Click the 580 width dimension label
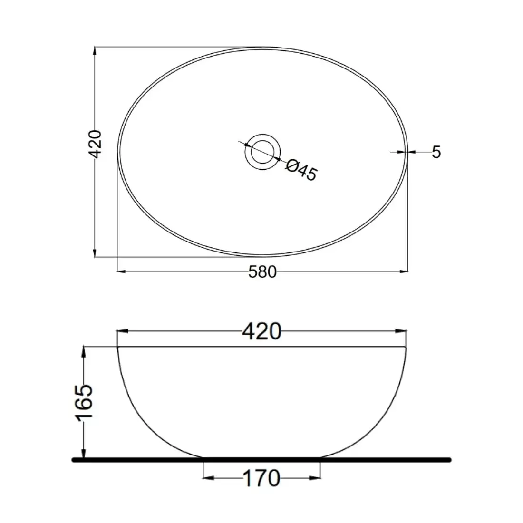[262, 272]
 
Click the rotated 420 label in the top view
[95, 144]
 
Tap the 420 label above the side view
[262, 331]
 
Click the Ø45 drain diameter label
[301, 170]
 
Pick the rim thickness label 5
[436, 152]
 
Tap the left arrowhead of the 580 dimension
[121, 271]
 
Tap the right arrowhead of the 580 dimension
[404, 271]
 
